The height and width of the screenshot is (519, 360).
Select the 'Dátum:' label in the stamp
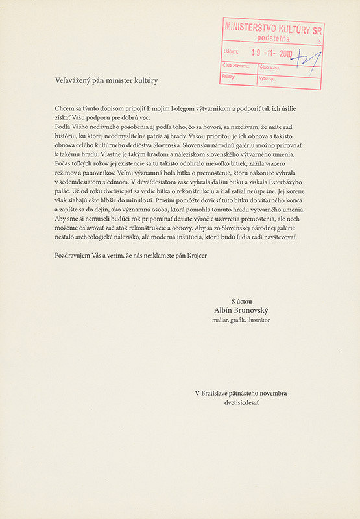click(230, 52)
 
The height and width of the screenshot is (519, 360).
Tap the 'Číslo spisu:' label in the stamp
click(271, 66)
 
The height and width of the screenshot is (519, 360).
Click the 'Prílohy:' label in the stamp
click(229, 76)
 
